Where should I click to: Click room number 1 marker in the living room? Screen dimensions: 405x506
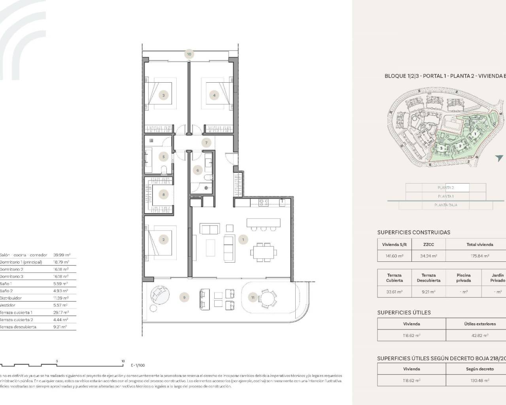tap(243, 239)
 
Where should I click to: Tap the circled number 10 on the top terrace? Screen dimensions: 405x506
tap(189, 54)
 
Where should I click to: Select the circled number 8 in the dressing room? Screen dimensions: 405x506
tap(163, 194)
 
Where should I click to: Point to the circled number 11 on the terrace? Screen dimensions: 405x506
tap(253, 297)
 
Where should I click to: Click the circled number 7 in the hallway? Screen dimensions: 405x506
tap(206, 143)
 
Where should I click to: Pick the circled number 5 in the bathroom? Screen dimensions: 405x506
tap(164, 157)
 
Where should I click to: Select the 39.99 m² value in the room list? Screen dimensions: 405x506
tap(61, 255)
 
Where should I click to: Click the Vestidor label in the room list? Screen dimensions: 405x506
tap(8, 305)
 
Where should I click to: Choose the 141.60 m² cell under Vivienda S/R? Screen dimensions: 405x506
tap(394, 256)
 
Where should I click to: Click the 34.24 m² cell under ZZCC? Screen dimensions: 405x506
tap(429, 256)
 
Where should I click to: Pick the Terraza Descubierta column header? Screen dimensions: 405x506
tap(429, 278)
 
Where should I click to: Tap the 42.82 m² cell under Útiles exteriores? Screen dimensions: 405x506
tap(480, 335)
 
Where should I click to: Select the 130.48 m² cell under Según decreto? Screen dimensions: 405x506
tap(480, 380)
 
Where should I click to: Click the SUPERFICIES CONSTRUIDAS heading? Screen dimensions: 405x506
tap(413, 233)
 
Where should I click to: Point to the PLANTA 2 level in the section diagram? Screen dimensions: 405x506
tap(446, 188)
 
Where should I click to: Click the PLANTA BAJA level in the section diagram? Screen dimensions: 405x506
tap(446, 205)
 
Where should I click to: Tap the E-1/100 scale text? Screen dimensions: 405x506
tap(138, 365)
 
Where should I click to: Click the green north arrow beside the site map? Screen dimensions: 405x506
tap(499, 158)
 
